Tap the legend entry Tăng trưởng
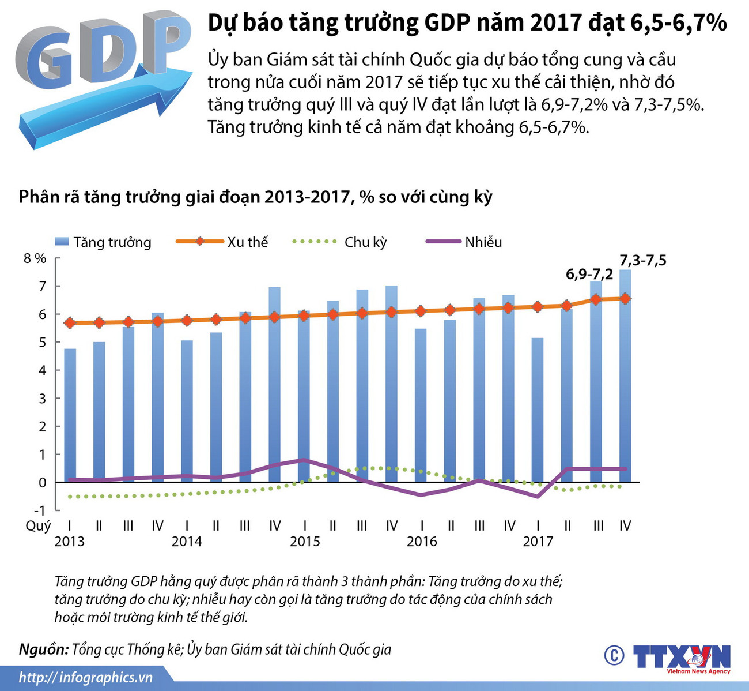(104, 242)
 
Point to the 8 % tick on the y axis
(35, 258)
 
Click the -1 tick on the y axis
(39, 510)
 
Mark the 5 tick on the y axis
(41, 342)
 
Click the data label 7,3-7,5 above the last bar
(642, 261)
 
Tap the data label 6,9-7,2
(589, 274)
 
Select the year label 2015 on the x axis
(305, 542)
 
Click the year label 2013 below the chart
(69, 542)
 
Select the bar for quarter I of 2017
(538, 415)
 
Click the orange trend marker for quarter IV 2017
(625, 298)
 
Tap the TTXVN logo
(681, 658)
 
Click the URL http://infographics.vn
(86, 677)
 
